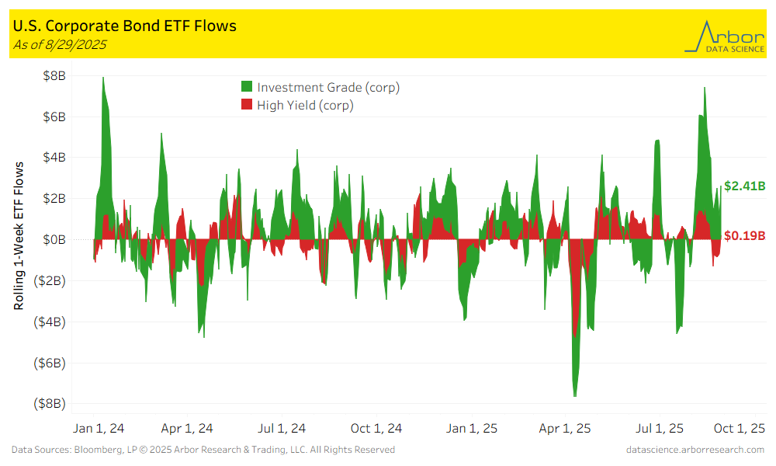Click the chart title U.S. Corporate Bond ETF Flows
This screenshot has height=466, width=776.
coord(125,26)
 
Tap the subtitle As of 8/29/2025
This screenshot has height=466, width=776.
coord(60,44)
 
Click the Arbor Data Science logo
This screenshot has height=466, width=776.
coord(723,36)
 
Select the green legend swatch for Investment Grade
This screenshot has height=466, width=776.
coord(247,87)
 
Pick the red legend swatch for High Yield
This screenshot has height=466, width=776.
coord(247,106)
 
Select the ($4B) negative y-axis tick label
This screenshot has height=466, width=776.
coord(47,322)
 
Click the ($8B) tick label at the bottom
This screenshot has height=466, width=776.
coord(47,404)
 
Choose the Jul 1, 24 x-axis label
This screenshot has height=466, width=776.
coord(281,428)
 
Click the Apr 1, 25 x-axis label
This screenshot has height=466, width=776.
coord(565,428)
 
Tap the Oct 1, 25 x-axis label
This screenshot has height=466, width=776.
coord(738,428)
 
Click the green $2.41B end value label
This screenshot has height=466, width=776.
coord(745,186)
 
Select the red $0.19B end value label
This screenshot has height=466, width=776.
coord(745,236)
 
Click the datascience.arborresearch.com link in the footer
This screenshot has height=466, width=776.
coord(695,450)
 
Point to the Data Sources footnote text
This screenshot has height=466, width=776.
coord(203,450)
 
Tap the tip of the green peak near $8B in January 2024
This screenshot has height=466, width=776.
coord(103,77)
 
